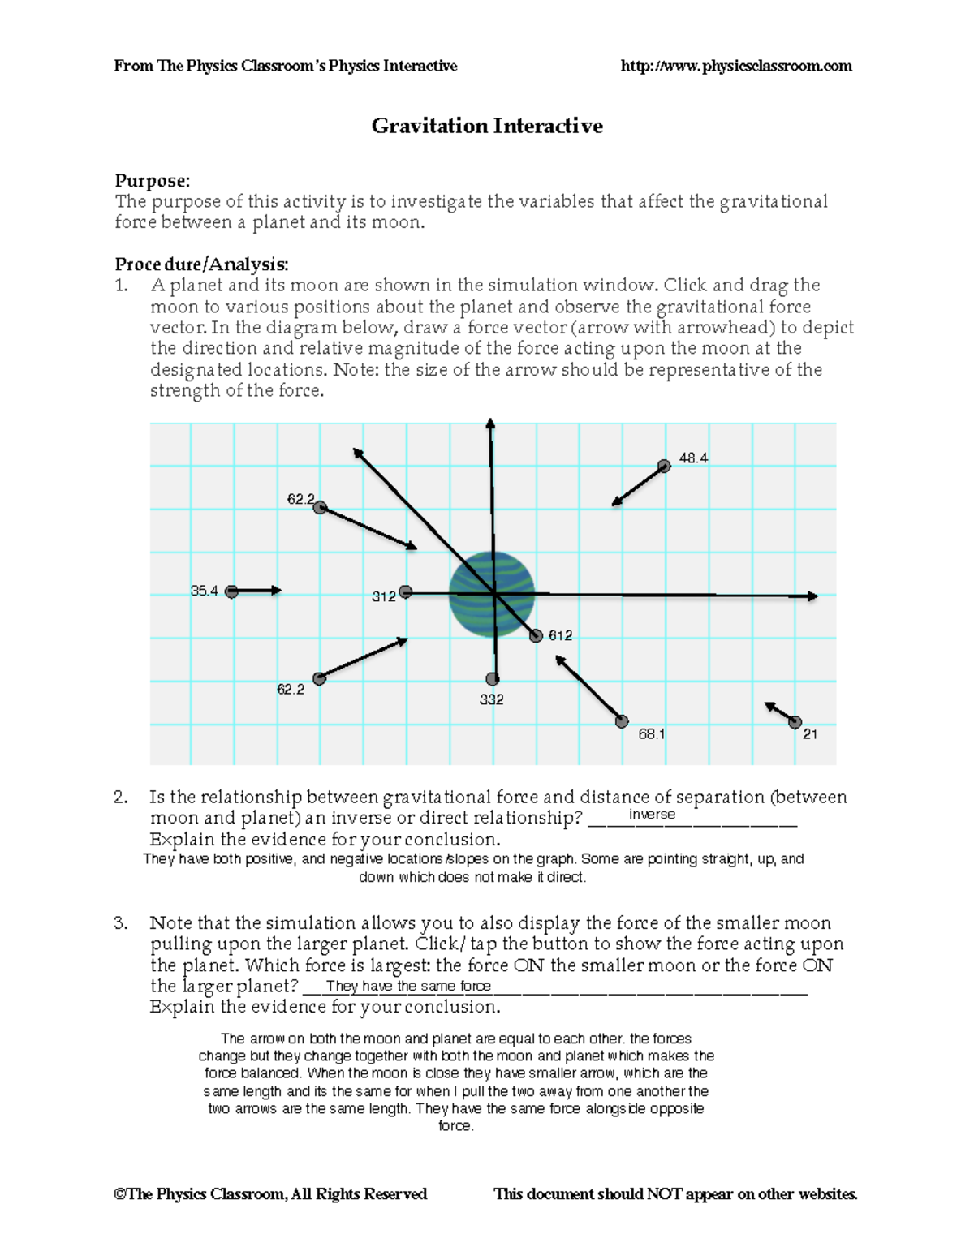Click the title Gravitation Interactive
tap(487, 126)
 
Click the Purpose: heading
tap(152, 180)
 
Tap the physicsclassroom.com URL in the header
tap(735, 66)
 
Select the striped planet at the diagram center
tap(492, 594)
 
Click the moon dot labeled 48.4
tap(664, 466)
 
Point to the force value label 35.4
tap(204, 591)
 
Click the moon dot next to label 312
tap(405, 592)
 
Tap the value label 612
tap(560, 635)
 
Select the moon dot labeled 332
tap(492, 679)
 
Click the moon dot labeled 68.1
tap(622, 721)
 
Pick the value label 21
tap(810, 734)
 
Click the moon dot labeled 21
tap(795, 722)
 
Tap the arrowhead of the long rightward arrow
tap(812, 596)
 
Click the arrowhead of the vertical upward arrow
tap(490, 424)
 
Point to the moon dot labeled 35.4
tap(231, 591)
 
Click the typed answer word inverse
tap(652, 815)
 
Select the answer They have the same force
tap(408, 987)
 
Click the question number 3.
tap(120, 922)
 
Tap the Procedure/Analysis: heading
tap(201, 264)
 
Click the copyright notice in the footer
tap(270, 1193)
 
